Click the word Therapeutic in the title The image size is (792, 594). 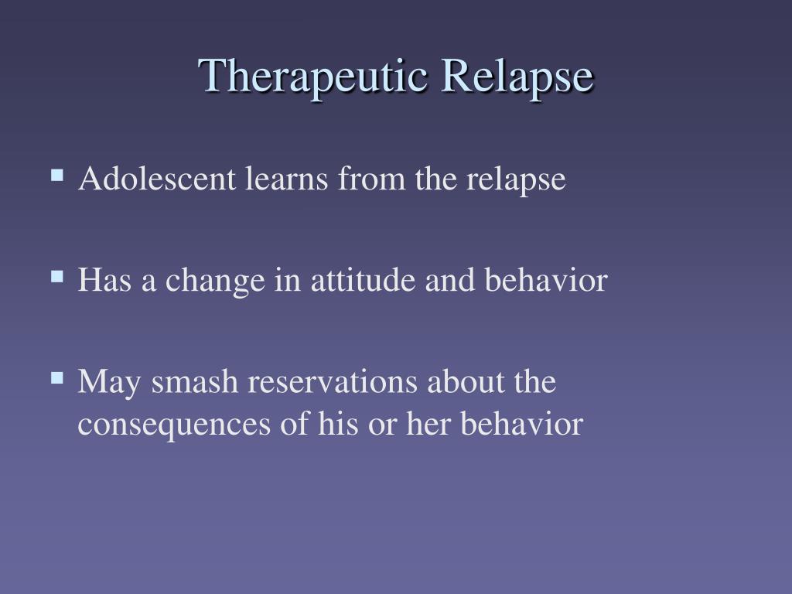[x=312, y=77]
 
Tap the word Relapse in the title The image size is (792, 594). [x=517, y=77]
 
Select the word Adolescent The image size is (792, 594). [x=157, y=179]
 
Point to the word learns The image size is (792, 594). [x=286, y=179]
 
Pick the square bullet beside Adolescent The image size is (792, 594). [x=57, y=176]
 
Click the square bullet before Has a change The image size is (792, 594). [x=57, y=277]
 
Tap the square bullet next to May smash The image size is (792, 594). [x=57, y=377]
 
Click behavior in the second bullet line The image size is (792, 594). [x=546, y=279]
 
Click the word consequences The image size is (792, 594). [x=174, y=425]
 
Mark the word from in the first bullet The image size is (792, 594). [x=371, y=179]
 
